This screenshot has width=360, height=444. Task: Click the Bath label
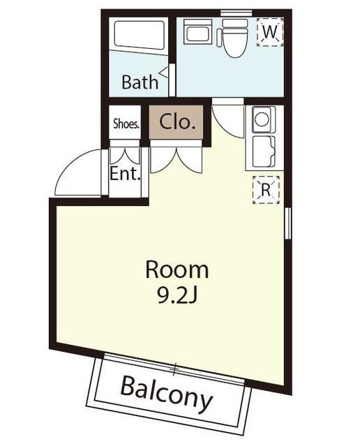pyautogui.click(x=140, y=82)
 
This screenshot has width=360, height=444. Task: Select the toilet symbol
pyautogui.click(x=234, y=38)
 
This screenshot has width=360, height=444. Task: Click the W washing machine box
pyautogui.click(x=270, y=31)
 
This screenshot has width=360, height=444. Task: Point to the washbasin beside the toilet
pyautogui.click(x=198, y=31)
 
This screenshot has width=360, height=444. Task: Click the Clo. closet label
pyautogui.click(x=177, y=121)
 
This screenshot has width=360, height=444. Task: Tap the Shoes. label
pyautogui.click(x=126, y=124)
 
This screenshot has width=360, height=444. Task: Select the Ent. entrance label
pyautogui.click(x=125, y=174)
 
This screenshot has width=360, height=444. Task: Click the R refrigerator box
pyautogui.click(x=266, y=190)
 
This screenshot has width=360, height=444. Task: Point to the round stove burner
pyautogui.click(x=262, y=119)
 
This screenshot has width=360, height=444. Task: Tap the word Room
pyautogui.click(x=177, y=270)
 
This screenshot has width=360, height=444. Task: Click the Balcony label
pyautogui.click(x=167, y=394)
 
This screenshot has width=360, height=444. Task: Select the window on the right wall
pyautogui.click(x=288, y=223)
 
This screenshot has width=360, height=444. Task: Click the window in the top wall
pyautogui.click(x=237, y=13)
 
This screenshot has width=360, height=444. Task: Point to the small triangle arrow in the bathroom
pyautogui.click(x=163, y=72)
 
